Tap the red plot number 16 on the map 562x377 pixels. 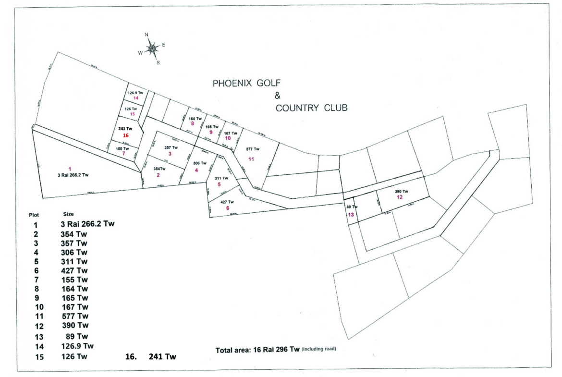(126, 136)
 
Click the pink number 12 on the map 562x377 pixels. (400, 197)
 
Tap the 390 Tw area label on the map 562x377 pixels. (401, 192)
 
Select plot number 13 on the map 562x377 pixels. (351, 214)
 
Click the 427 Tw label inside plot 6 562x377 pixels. (227, 202)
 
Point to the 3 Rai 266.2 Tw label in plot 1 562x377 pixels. (72, 175)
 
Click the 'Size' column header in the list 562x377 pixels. (68, 214)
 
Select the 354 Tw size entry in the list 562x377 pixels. (74, 234)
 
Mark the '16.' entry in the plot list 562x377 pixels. (129, 358)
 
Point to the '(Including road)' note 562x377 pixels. (318, 349)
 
